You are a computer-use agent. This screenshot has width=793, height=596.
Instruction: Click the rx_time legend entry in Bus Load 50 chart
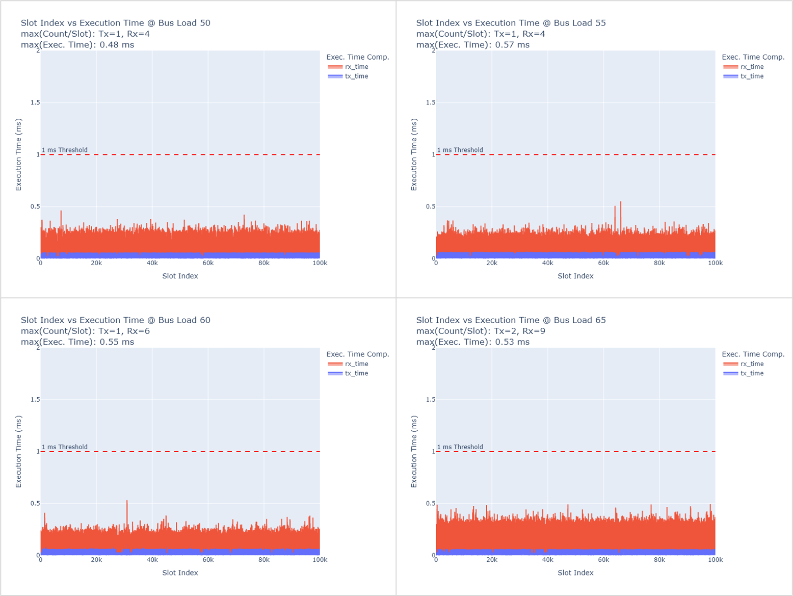click(348, 67)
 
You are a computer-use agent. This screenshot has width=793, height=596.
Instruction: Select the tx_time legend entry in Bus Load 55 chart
click(743, 76)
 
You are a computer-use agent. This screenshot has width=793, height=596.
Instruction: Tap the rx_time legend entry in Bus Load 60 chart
click(348, 364)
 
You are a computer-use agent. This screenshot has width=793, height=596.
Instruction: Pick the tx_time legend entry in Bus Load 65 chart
click(743, 373)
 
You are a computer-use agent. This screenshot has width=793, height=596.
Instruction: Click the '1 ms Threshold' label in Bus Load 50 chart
click(65, 150)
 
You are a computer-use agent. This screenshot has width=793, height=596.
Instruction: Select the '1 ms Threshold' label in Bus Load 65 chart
click(460, 447)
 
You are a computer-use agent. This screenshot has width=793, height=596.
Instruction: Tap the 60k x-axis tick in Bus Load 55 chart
click(603, 263)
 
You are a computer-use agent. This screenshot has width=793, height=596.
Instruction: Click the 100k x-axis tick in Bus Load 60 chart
click(320, 560)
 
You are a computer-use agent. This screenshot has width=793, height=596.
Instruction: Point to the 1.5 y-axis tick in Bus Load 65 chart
click(431, 400)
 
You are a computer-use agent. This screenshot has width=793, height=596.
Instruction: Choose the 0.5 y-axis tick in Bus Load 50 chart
click(35, 206)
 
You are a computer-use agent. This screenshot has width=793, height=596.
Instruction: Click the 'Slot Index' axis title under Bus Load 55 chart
click(575, 276)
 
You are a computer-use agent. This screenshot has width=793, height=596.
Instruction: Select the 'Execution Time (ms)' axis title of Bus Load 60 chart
click(18, 451)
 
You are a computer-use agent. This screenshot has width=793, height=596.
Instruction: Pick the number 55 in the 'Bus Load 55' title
click(600, 23)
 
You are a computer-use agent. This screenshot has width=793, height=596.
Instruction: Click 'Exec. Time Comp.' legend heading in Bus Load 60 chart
click(358, 354)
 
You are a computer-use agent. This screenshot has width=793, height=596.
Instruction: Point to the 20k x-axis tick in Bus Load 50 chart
click(96, 263)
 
